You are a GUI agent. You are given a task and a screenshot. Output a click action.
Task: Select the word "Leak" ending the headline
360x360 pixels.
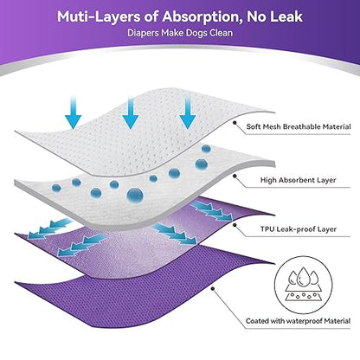pos(286,16)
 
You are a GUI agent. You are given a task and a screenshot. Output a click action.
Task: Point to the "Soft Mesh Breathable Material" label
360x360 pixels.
pos(299,126)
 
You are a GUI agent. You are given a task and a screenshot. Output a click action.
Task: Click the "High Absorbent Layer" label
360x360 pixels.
pos(299,180)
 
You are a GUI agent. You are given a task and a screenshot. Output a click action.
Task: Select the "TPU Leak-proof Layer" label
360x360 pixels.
pos(299,229)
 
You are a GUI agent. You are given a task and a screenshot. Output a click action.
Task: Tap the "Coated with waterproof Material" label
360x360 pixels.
pos(299,321)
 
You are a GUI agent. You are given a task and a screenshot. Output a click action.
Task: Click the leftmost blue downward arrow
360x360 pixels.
pos(74,112)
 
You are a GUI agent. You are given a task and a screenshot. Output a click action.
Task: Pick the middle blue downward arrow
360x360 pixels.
pos(131,112)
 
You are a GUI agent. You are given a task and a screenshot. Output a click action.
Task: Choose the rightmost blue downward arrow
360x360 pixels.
pos(188,112)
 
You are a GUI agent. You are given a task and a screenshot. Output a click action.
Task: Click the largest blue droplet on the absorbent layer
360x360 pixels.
pos(135,196)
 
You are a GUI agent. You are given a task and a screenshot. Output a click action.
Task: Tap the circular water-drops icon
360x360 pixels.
pos(303,285)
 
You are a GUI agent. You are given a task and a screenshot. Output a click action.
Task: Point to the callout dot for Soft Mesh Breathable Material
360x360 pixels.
pos(235,123)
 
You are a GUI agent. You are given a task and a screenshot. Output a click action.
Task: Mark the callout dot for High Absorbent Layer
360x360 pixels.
pos(235,176)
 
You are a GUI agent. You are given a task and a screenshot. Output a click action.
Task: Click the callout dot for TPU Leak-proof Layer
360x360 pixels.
pos(235,225)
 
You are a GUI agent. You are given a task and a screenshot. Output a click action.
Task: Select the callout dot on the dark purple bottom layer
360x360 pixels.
pos(213,288)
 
